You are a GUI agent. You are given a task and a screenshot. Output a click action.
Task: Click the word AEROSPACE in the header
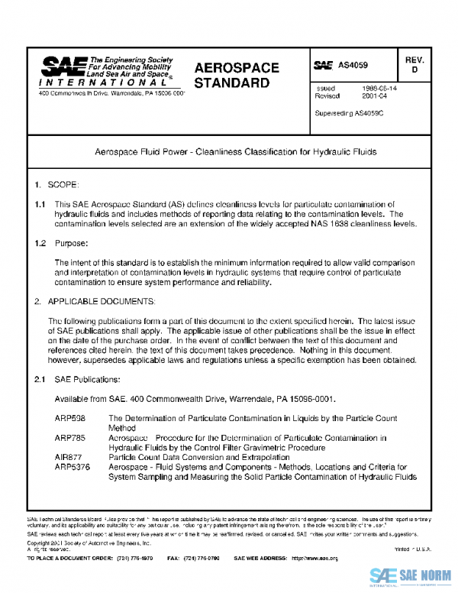[x=236, y=68]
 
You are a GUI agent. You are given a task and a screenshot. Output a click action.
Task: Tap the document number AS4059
[x=353, y=66]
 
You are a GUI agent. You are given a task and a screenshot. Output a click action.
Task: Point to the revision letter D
[x=414, y=70]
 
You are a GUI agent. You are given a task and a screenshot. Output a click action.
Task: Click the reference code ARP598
[x=70, y=419]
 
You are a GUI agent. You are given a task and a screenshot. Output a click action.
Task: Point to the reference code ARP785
[x=70, y=438]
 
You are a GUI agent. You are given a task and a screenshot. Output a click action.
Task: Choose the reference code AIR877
[x=69, y=456]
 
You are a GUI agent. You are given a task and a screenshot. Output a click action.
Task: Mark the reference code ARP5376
[x=73, y=466]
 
